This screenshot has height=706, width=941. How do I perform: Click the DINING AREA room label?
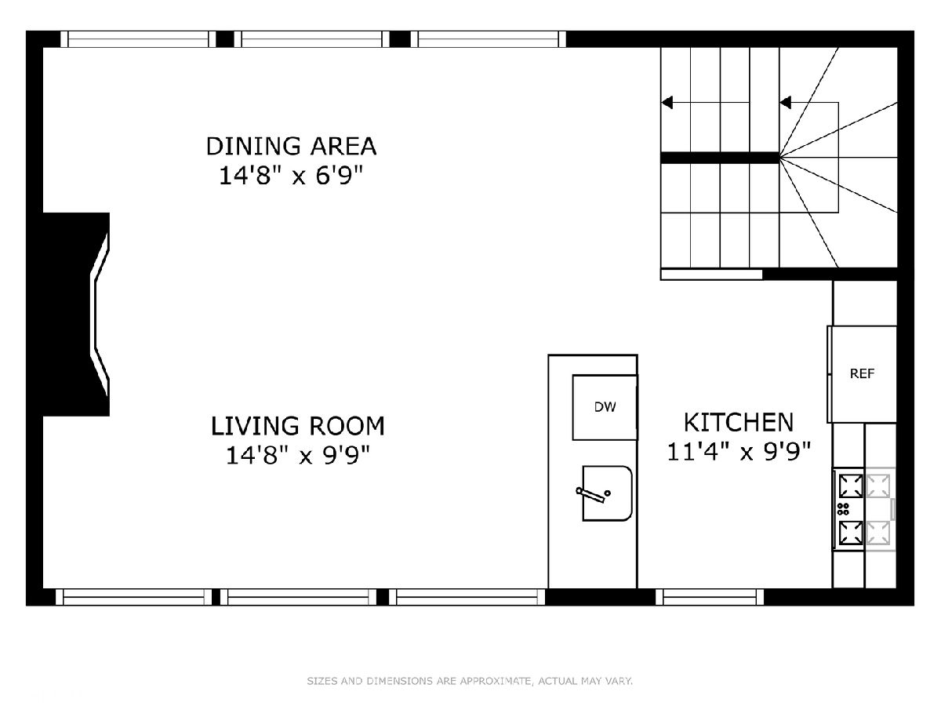291,146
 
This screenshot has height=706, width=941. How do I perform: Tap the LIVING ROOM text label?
297,426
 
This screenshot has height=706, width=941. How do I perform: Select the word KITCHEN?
738,422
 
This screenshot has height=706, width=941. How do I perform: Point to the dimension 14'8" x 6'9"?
291,175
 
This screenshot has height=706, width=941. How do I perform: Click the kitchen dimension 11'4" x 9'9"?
739,451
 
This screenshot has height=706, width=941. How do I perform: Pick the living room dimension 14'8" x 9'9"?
297,455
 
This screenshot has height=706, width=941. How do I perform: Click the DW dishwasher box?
605,407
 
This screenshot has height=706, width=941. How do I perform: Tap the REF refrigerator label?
862,374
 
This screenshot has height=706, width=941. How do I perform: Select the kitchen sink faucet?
593,494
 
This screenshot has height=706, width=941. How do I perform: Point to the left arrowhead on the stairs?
667,103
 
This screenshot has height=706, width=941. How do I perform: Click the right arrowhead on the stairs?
786,103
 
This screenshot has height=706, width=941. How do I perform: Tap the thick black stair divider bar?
720,158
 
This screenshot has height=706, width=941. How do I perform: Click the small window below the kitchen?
710,597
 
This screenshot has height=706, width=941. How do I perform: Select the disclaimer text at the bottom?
470,681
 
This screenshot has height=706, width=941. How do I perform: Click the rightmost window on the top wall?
489,39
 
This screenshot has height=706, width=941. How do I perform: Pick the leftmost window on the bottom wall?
134,597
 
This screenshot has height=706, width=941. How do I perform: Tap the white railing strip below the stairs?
712,275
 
